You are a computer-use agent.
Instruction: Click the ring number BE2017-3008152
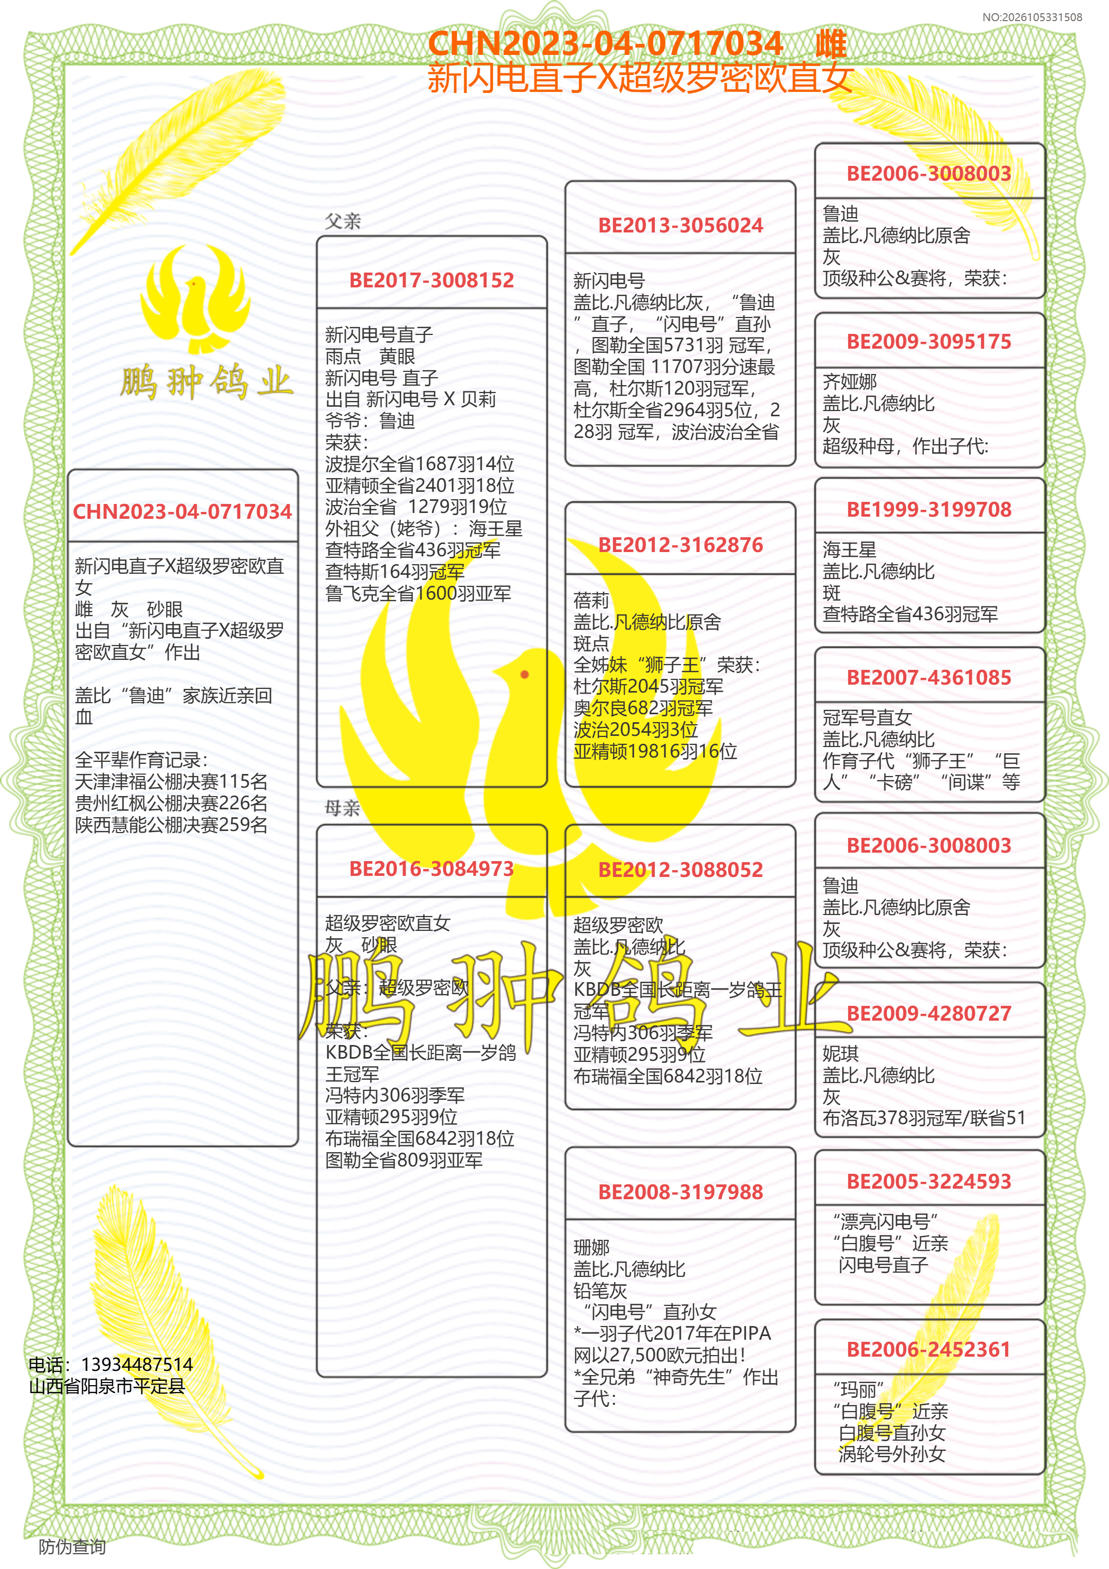[x=431, y=280]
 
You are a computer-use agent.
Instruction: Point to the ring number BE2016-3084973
[x=431, y=868]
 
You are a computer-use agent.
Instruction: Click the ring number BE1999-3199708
[x=928, y=509]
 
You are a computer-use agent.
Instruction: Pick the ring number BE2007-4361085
[x=928, y=677]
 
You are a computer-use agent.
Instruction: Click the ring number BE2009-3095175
[x=928, y=342]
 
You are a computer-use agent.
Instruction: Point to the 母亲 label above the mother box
[x=342, y=808]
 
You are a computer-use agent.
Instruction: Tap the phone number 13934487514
[x=137, y=1365]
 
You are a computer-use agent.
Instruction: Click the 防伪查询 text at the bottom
[x=72, y=1546]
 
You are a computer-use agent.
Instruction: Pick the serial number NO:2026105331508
[x=1032, y=17]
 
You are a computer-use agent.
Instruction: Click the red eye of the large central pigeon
[x=525, y=675]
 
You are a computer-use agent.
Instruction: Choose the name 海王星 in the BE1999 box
[x=849, y=549]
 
